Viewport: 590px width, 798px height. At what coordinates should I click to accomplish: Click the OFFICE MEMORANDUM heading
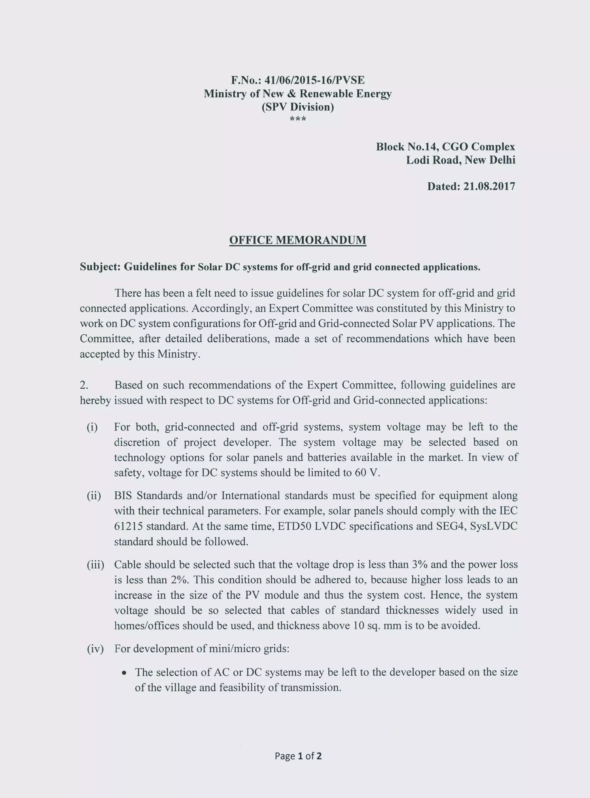click(298, 240)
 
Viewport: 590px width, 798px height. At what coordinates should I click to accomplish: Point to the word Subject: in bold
click(100, 267)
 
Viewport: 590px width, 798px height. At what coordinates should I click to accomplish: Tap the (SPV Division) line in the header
click(298, 107)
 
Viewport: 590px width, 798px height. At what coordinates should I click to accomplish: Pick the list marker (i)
click(92, 427)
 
